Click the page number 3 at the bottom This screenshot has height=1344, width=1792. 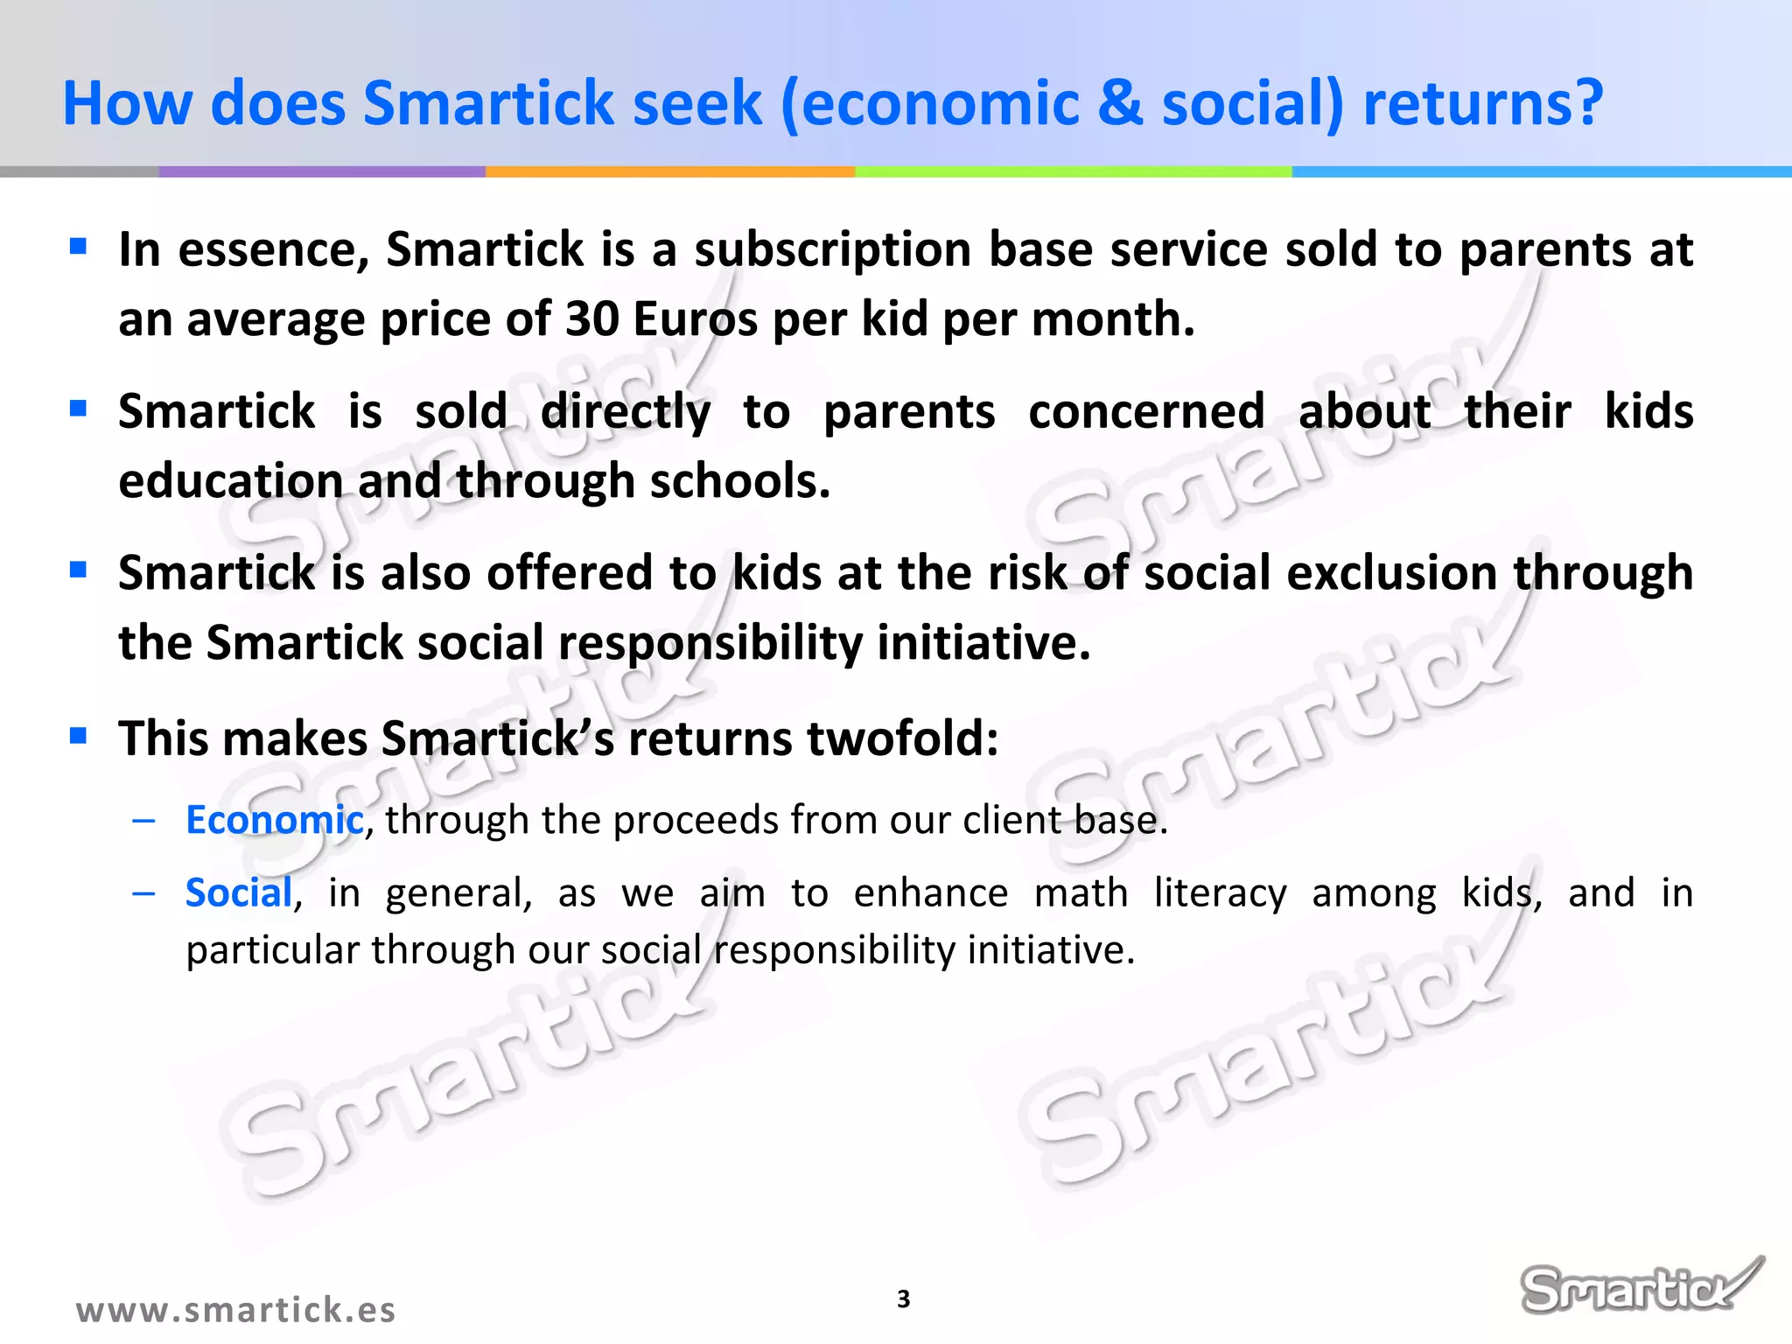pyautogui.click(x=904, y=1299)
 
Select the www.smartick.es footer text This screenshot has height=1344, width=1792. pyautogui.click(x=235, y=1310)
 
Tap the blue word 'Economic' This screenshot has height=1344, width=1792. pyautogui.click(x=274, y=821)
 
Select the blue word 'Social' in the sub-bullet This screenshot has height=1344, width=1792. pyautogui.click(x=238, y=893)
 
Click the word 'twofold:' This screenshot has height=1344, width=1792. pyautogui.click(x=902, y=738)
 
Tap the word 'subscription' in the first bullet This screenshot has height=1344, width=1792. pyautogui.click(x=832, y=250)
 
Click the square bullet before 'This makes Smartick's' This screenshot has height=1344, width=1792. pyautogui.click(x=79, y=735)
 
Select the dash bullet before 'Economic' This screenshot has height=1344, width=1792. pyautogui.click(x=143, y=821)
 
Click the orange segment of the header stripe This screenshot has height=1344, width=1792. pyautogui.click(x=669, y=172)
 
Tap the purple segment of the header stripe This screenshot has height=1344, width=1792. pyautogui.click(x=321, y=172)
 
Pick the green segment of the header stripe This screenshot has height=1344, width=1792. pyautogui.click(x=1072, y=172)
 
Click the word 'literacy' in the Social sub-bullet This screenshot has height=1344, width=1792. pyautogui.click(x=1220, y=893)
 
